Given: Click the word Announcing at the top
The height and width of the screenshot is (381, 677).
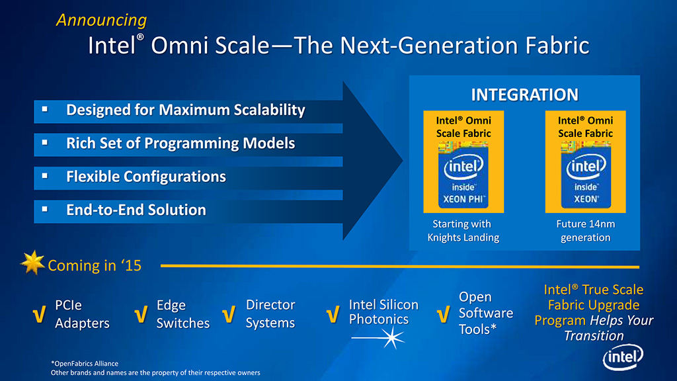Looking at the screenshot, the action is (x=101, y=21).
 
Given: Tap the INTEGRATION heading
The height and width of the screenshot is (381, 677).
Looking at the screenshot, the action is (x=524, y=95).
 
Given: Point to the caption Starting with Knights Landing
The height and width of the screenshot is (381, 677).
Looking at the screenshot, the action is (x=463, y=231).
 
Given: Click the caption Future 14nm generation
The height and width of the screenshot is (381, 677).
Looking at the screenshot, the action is (x=586, y=231).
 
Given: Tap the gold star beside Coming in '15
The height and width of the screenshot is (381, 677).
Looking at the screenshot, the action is (x=33, y=263).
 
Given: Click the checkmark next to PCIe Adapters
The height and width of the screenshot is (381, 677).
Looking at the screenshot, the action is (x=39, y=314).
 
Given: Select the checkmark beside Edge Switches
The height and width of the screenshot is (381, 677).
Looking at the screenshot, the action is (x=141, y=314).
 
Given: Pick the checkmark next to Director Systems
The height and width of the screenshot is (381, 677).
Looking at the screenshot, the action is (x=229, y=314).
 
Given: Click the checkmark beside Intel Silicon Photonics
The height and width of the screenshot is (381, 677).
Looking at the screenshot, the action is (x=333, y=314).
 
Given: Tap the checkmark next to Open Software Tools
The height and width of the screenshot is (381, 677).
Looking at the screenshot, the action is (x=444, y=314).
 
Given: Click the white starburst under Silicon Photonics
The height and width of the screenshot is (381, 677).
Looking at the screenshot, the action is (x=392, y=337).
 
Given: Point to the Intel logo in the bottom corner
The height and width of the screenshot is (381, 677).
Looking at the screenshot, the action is (x=623, y=357).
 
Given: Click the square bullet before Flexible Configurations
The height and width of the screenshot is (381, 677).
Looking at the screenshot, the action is (x=45, y=176).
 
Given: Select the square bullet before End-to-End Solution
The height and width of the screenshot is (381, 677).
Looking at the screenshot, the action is (x=45, y=209).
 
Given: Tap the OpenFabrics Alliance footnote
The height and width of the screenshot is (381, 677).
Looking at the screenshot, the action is (x=85, y=364).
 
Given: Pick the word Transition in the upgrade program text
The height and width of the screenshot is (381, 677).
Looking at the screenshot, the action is (x=594, y=335).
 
